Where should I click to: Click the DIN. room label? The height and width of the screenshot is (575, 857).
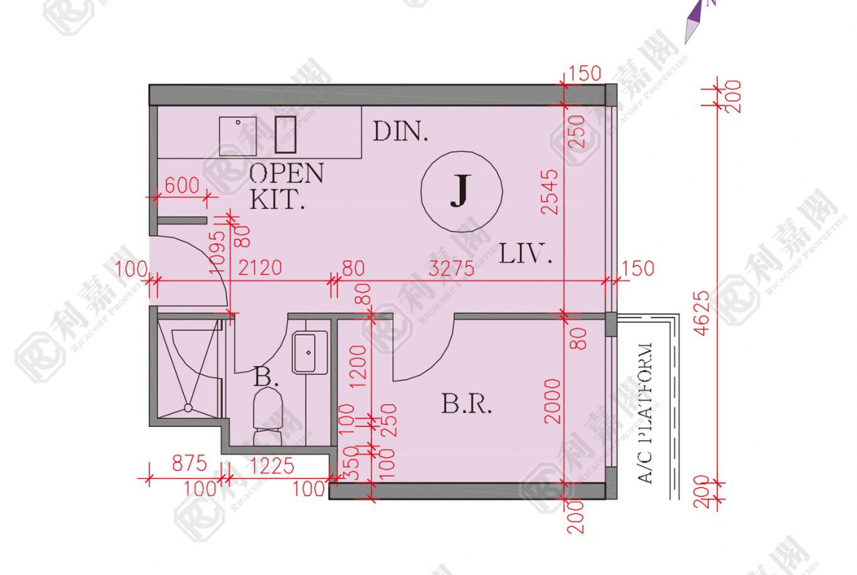(400, 132)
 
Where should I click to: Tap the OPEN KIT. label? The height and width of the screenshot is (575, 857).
(286, 186)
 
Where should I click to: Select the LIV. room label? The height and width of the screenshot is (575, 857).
(525, 254)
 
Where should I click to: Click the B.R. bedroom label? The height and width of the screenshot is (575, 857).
(466, 404)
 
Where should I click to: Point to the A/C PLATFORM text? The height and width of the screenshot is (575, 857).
(645, 413)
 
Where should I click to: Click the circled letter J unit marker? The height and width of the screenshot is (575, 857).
(461, 190)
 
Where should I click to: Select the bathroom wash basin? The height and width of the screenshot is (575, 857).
(310, 352)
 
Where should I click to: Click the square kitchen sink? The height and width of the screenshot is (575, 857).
(238, 136)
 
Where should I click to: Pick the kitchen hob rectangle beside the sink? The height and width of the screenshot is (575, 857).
(286, 135)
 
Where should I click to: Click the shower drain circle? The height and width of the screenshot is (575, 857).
(188, 408)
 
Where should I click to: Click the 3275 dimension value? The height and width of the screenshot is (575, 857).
(452, 269)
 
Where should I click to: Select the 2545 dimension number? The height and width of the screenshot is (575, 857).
(550, 191)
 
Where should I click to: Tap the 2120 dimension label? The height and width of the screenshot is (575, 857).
(260, 268)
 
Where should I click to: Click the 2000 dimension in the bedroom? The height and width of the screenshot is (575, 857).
(553, 401)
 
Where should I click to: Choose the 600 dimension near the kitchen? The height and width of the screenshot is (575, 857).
(182, 185)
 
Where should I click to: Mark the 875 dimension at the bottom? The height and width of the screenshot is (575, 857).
(189, 464)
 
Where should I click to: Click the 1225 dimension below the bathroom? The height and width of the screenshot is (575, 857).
(272, 466)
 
